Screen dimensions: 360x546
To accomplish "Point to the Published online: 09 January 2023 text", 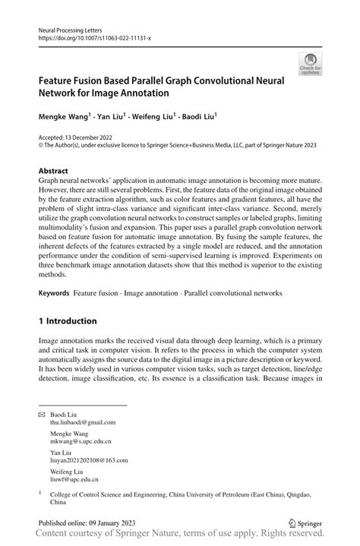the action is [x=87, y=523].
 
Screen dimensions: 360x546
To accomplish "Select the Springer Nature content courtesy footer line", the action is [x=179, y=537].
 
